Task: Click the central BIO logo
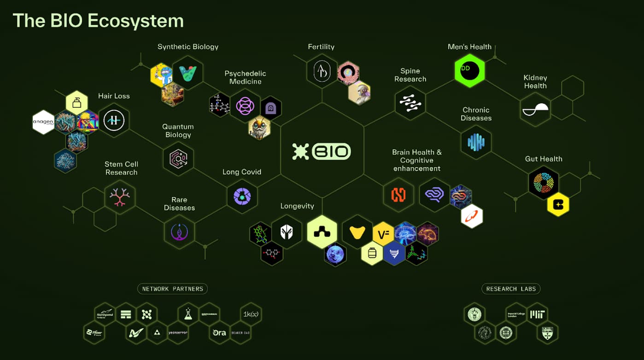pyautogui.click(x=322, y=151)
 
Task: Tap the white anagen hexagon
pyautogui.click(x=43, y=122)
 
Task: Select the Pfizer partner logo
pyautogui.click(x=94, y=332)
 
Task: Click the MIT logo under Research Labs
pyautogui.click(x=537, y=314)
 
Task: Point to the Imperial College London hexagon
pyautogui.click(x=516, y=314)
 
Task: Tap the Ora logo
pyautogui.click(x=219, y=332)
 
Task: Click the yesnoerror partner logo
pyautogui.click(x=178, y=332)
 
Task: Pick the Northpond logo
pyautogui.click(x=105, y=314)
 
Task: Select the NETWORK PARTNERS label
pyautogui.click(x=172, y=289)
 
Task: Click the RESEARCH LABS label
pyautogui.click(x=511, y=289)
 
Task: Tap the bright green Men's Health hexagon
pyautogui.click(x=470, y=71)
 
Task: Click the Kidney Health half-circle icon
pyautogui.click(x=536, y=110)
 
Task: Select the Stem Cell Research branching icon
pyautogui.click(x=120, y=197)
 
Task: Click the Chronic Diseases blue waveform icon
pyautogui.click(x=476, y=142)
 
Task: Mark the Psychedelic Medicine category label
pyautogui.click(x=245, y=77)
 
